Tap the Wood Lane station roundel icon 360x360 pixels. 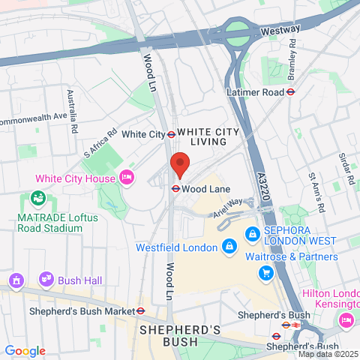tap(175, 189)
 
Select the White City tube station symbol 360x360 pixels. tap(171, 134)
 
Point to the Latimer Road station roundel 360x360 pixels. tap(290, 92)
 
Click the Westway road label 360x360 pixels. tap(280, 30)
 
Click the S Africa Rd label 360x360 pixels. tap(100, 142)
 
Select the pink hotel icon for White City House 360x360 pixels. tap(127, 178)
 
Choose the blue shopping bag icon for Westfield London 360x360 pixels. tap(229, 245)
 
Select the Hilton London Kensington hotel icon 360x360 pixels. tap(346, 320)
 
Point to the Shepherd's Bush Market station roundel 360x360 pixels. tap(140, 310)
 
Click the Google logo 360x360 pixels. tap(25, 350)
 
